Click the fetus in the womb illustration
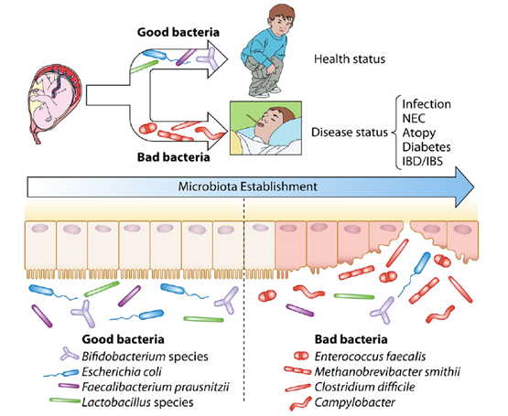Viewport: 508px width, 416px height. pyautogui.click(x=54, y=101)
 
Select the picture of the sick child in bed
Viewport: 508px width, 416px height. pyautogui.click(x=265, y=128)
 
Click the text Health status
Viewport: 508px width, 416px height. pyautogui.click(x=350, y=59)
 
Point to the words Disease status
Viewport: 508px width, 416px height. pyautogui.click(x=350, y=133)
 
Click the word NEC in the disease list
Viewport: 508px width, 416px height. pyautogui.click(x=414, y=119)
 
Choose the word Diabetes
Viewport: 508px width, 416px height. pyautogui.click(x=427, y=147)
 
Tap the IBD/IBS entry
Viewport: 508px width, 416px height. pyautogui.click(x=423, y=161)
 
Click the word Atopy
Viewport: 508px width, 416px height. pyautogui.click(x=419, y=133)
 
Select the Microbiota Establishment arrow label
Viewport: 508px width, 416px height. pyautogui.click(x=248, y=187)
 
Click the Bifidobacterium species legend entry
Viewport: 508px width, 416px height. pyautogui.click(x=145, y=357)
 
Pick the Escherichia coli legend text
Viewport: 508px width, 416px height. pyautogui.click(x=122, y=372)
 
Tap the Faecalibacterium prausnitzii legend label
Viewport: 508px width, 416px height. pyautogui.click(x=156, y=387)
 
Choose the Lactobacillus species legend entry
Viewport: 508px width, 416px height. pyautogui.click(x=137, y=402)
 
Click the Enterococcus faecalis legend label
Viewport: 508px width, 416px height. pyautogui.click(x=370, y=357)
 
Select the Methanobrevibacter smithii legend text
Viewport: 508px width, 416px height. pyautogui.click(x=387, y=372)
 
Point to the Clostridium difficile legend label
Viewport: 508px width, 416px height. pyautogui.click(x=365, y=387)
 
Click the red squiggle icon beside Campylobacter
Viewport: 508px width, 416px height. pyautogui.click(x=300, y=403)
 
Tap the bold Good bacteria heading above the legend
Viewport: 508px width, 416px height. pyautogui.click(x=124, y=339)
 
